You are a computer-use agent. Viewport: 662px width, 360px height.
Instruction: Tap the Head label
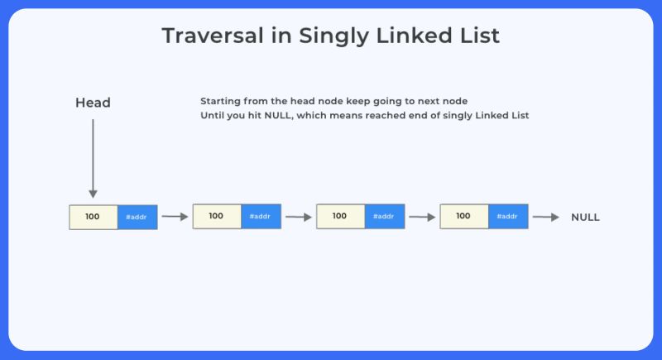(x=93, y=103)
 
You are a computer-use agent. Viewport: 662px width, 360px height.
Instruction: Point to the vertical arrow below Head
(x=93, y=157)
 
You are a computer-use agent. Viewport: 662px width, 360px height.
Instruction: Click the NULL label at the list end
(x=585, y=218)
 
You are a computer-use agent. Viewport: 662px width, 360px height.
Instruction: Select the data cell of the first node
(x=93, y=217)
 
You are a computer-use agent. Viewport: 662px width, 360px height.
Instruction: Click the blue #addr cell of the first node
(x=137, y=217)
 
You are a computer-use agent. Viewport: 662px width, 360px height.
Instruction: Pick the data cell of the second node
(x=217, y=216)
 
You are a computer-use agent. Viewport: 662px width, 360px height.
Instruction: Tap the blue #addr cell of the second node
(x=261, y=216)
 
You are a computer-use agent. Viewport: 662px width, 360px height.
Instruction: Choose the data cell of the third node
(x=340, y=216)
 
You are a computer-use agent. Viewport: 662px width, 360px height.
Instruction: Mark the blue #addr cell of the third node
(x=384, y=216)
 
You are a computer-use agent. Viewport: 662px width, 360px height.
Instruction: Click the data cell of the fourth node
(x=463, y=216)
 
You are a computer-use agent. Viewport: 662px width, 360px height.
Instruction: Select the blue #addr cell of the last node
(x=508, y=216)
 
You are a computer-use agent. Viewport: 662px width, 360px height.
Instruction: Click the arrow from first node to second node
(x=175, y=217)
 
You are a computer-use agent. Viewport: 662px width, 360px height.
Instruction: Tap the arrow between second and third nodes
(x=299, y=218)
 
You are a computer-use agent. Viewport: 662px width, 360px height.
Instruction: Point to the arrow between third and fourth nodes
(x=422, y=218)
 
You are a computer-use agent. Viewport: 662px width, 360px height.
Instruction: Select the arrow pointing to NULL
(x=546, y=218)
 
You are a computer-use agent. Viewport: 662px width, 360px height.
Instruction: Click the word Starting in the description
(x=220, y=101)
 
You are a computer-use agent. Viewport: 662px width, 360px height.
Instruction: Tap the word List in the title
(x=479, y=36)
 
